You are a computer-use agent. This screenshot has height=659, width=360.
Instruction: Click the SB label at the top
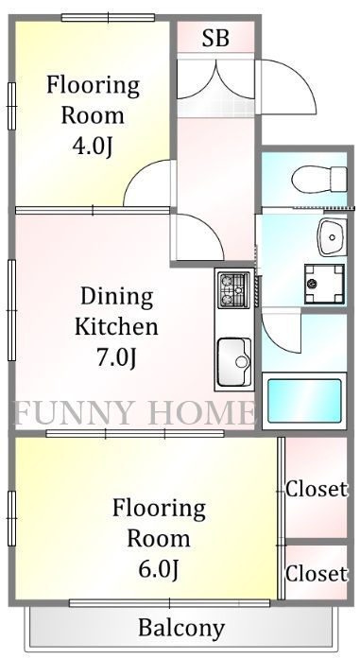pyautogui.click(x=216, y=39)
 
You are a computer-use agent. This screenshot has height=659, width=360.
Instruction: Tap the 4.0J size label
pyautogui.click(x=93, y=147)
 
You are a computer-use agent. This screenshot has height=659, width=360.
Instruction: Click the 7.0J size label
pyautogui.click(x=116, y=357)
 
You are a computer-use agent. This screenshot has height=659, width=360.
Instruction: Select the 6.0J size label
pyautogui.click(x=159, y=569)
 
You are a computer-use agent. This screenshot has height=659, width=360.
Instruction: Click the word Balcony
pyautogui.click(x=181, y=628)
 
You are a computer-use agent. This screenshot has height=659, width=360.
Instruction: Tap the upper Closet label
pyautogui.click(x=317, y=490)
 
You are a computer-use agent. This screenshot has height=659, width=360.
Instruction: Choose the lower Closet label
pyautogui.click(x=317, y=573)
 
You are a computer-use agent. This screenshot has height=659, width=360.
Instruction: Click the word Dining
pyautogui.click(x=116, y=296)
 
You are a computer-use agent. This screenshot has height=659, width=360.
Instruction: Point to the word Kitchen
pyautogui.click(x=116, y=327)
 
